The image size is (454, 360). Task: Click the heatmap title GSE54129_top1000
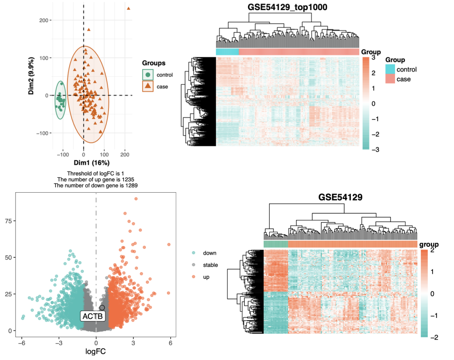click(x=287, y=7)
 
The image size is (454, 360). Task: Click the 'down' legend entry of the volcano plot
click(x=209, y=253)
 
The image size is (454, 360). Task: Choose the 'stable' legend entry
click(x=211, y=265)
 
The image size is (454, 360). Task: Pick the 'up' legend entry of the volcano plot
click(x=206, y=277)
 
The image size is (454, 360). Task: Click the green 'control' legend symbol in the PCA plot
click(x=147, y=75)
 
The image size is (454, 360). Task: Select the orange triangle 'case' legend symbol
click(x=147, y=87)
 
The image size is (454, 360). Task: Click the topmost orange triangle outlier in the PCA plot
click(x=129, y=8)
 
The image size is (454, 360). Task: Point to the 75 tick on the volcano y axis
click(x=7, y=221)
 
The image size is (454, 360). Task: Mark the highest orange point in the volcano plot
click(x=136, y=199)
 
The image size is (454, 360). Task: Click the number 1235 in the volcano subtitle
click(x=127, y=179)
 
